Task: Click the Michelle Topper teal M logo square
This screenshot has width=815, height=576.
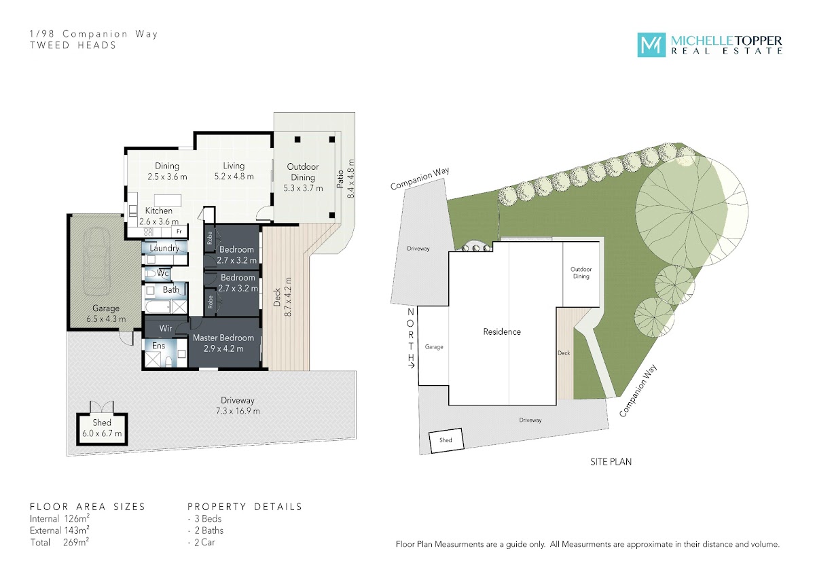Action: coord(651,45)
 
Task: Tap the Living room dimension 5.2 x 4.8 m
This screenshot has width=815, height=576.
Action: coord(234,177)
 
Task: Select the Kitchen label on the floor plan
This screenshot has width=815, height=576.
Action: coord(159,211)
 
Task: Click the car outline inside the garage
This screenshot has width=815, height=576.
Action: coord(97,260)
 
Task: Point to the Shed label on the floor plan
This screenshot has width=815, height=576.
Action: coord(102,422)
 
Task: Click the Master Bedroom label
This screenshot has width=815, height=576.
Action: coord(223,338)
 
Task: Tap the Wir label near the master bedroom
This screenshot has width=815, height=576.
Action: coord(166,328)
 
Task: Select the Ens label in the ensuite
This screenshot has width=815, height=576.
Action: coord(159,346)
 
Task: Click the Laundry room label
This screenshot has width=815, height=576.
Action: coord(164,248)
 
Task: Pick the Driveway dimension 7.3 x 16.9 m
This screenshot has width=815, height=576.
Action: coord(238,411)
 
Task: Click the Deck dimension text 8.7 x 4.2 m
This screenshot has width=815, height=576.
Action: coord(289,297)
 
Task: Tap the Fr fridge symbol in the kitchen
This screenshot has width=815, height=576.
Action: coord(179,231)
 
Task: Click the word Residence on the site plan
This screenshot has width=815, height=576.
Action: coord(502,331)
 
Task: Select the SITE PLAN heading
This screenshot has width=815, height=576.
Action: coord(611,462)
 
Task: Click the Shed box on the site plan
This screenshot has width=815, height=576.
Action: coord(446,441)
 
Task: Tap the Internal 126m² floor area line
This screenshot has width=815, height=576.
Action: coord(60,518)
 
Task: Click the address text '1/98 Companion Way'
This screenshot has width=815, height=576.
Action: coord(94,34)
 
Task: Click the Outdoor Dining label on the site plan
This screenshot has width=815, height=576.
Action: coord(581,272)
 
